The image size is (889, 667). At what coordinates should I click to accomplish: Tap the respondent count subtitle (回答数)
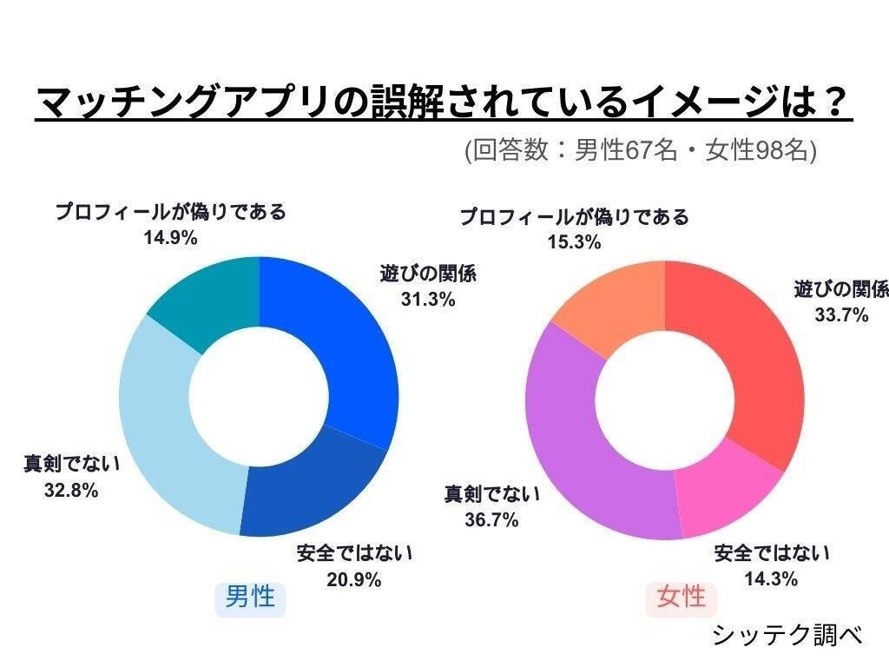tap(641, 150)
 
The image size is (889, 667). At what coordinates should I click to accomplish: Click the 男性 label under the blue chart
tap(250, 597)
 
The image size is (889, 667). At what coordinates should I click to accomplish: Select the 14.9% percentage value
tap(170, 237)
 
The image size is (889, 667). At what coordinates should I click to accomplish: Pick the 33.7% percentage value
tap(841, 315)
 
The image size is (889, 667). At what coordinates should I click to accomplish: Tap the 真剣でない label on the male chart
tap(71, 463)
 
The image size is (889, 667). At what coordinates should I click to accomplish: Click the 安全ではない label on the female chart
tap(772, 552)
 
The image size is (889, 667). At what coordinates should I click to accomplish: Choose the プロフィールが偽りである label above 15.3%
tap(574, 216)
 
